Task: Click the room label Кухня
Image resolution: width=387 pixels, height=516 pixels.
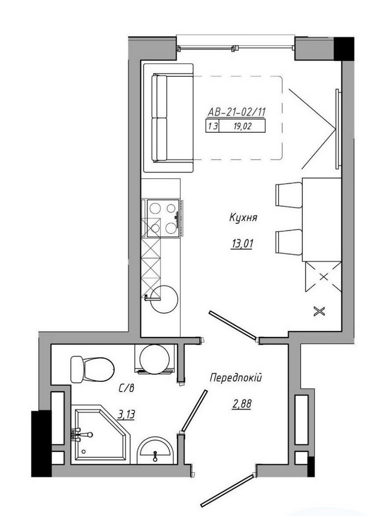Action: (243, 218)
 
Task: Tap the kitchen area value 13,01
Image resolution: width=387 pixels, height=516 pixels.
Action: (242, 244)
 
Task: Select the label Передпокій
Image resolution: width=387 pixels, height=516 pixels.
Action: (236, 378)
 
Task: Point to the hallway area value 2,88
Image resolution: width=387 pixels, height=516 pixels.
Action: (241, 404)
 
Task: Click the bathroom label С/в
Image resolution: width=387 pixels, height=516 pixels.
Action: (126, 389)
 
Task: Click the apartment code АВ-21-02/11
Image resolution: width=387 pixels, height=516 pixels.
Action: (236, 112)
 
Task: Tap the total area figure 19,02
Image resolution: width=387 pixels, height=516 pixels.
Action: (242, 126)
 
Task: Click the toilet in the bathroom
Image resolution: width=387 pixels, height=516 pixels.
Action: (92, 369)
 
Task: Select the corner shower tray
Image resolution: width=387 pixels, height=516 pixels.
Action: (101, 434)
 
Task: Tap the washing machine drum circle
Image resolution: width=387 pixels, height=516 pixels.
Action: (154, 359)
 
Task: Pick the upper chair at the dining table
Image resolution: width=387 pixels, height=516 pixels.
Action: (288, 195)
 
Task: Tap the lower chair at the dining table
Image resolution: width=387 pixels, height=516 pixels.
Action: (288, 242)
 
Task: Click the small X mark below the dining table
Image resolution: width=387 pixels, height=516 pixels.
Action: (319, 311)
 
